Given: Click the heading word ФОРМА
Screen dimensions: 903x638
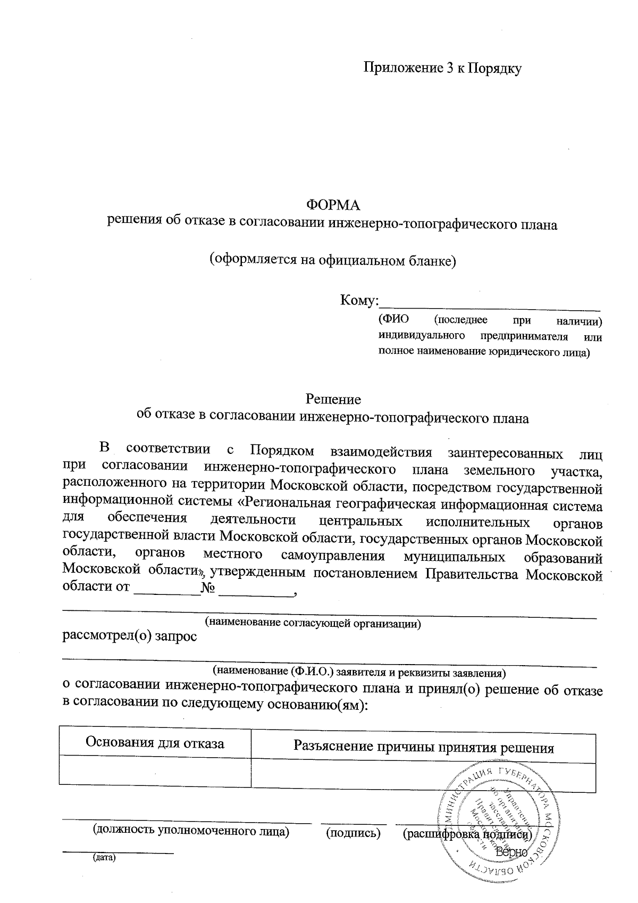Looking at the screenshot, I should click(x=334, y=205).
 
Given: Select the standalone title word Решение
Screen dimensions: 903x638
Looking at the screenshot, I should click(x=333, y=399).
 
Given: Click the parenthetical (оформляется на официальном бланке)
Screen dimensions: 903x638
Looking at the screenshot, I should click(x=333, y=260).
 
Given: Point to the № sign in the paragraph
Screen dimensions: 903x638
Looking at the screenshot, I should click(x=208, y=589).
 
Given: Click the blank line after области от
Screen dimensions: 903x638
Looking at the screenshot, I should click(x=166, y=593).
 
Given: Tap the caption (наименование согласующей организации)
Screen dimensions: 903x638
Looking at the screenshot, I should click(x=313, y=623).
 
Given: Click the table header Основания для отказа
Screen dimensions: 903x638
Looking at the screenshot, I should click(x=155, y=743).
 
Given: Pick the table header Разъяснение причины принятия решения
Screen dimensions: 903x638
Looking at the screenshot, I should click(x=424, y=748).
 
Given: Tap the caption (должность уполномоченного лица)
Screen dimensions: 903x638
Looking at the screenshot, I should click(x=191, y=831).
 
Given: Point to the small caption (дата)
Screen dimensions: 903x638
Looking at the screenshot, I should click(x=104, y=858).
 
